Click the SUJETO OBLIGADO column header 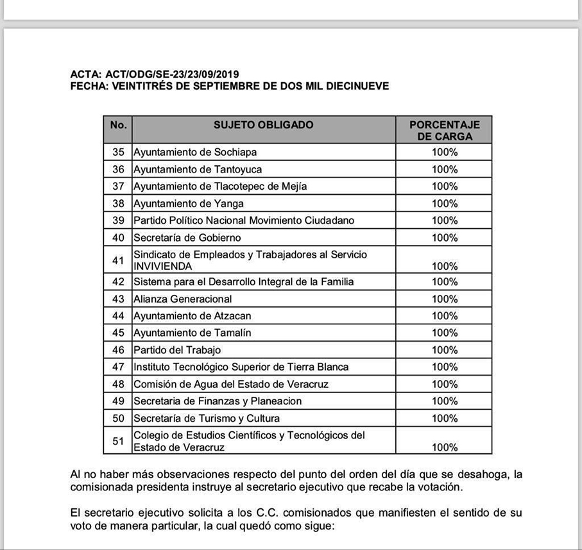[263, 125]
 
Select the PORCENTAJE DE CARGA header [444, 130]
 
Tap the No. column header [118, 125]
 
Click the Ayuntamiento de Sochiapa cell [186, 153]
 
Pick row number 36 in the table [118, 169]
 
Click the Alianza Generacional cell [183, 299]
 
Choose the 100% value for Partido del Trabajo [444, 350]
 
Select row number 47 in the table [118, 367]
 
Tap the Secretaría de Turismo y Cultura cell [207, 419]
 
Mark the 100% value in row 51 [444, 447]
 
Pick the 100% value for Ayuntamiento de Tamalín [444, 333]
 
